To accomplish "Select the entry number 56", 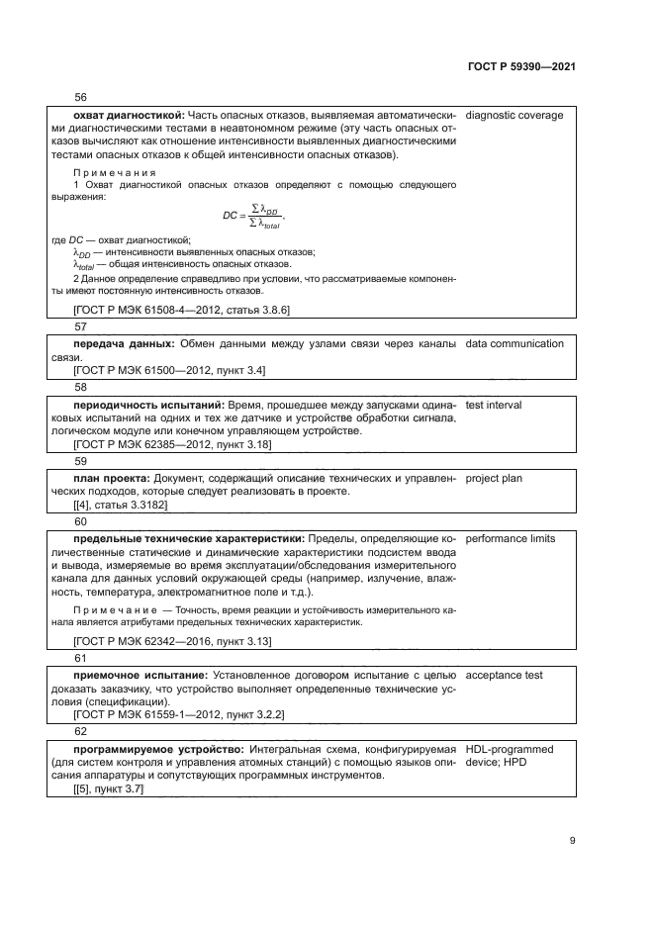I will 81,97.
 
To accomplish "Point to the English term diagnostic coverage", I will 514,116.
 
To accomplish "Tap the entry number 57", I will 81,326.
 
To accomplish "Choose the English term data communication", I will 514,344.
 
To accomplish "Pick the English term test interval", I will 493,406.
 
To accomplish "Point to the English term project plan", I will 494,479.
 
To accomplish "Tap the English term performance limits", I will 510,539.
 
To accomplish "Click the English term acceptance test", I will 503,676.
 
